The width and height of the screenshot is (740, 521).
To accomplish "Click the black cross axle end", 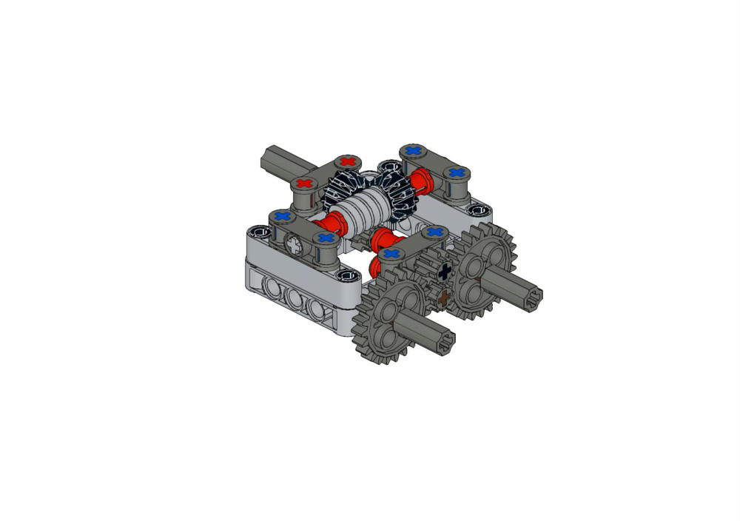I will (x=444, y=272).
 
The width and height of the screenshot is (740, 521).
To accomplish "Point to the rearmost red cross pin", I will (x=348, y=162).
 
